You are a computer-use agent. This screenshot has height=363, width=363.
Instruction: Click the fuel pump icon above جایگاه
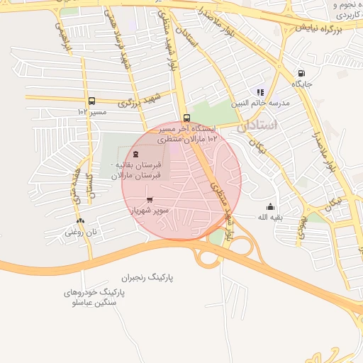coord(302,73)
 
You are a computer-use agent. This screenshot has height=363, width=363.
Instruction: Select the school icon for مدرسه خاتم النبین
coord(260,92)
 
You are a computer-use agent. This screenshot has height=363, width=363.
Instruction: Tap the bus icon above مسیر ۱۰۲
coord(91,101)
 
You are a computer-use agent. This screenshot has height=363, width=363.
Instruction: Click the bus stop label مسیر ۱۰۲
coord(92,112)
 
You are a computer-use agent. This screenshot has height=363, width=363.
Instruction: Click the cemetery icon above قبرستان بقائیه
coord(135,154)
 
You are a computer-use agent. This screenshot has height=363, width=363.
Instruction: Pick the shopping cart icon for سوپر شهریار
coord(149,200)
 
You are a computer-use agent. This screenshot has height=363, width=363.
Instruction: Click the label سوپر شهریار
coord(149,211)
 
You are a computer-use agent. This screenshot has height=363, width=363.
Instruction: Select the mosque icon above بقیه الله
coord(269,207)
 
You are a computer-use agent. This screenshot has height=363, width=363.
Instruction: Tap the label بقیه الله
coord(269,217)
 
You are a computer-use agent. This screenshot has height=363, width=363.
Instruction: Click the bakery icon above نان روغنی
coord(80,220)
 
